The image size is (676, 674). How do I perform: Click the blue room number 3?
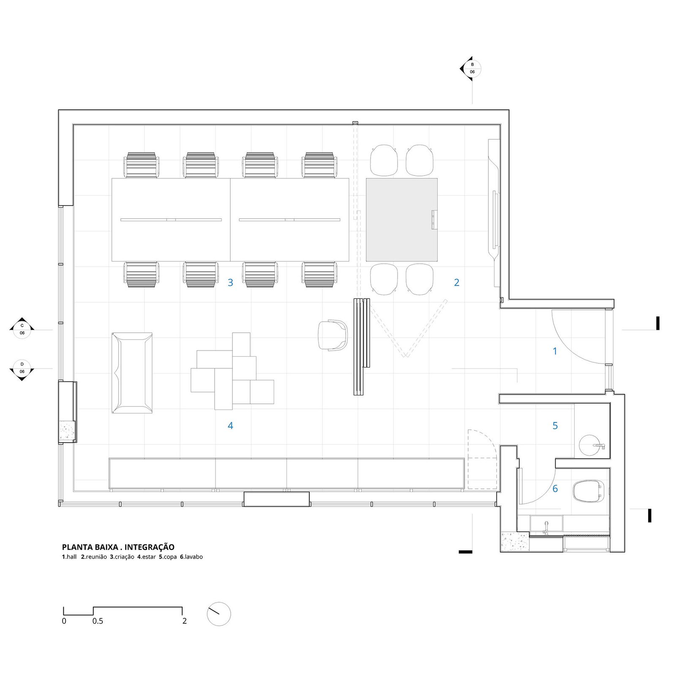[x=230, y=282]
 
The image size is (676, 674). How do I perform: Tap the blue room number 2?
[x=457, y=282]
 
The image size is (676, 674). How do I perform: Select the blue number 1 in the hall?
[x=555, y=351]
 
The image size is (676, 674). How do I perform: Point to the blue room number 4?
[x=230, y=425]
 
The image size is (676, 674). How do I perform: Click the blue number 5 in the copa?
[x=555, y=425]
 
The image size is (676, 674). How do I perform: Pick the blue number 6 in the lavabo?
[x=555, y=489]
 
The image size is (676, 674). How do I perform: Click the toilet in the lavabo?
[x=588, y=491]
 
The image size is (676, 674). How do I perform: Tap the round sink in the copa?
[x=591, y=445]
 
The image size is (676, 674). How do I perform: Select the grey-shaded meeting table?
[x=401, y=219]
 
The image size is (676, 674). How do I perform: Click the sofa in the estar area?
[x=132, y=373]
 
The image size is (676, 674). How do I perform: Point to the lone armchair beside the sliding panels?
[x=333, y=335]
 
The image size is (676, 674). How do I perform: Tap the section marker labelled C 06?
[x=22, y=329]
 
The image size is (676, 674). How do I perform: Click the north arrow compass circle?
[x=219, y=614]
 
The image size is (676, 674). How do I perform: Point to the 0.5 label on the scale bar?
[x=98, y=621]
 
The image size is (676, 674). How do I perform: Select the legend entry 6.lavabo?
[x=191, y=557]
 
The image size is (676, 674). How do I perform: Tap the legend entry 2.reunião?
[x=94, y=557]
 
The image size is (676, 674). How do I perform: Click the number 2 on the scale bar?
[x=184, y=621]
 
